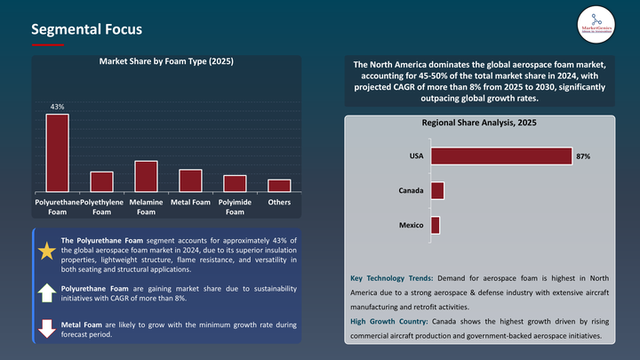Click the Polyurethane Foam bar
click(x=58, y=153)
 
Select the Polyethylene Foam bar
click(x=102, y=182)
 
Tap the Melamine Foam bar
click(x=147, y=177)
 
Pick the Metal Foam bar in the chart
click(x=190, y=180)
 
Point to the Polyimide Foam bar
click(x=235, y=184)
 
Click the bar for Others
click(x=279, y=186)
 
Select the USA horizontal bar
click(x=500, y=156)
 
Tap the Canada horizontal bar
click(x=436, y=190)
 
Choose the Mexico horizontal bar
click(x=435, y=225)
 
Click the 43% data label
click(x=57, y=107)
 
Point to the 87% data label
click(x=583, y=156)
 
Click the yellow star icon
click(x=46, y=252)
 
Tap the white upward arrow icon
click(x=46, y=294)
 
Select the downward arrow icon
click(x=46, y=328)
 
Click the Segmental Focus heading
click(x=85, y=28)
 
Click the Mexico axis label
click(x=410, y=226)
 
